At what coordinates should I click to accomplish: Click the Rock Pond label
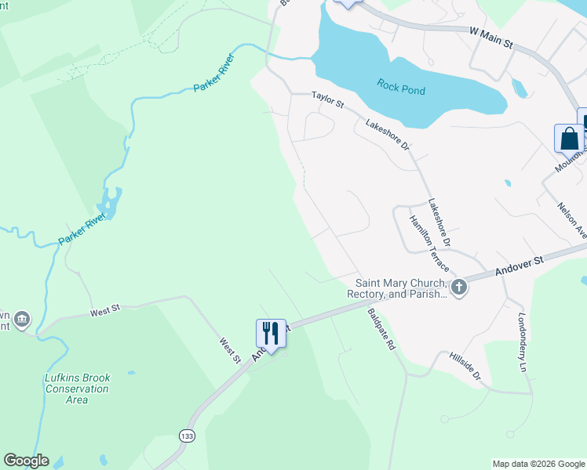(400, 87)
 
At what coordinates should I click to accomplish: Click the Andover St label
(520, 264)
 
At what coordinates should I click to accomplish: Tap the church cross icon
(460, 288)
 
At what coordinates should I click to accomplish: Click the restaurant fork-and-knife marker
(270, 333)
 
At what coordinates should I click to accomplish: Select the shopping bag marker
(569, 139)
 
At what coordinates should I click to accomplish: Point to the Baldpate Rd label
(381, 329)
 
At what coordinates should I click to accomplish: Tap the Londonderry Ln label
(522, 342)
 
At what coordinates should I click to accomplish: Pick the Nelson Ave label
(572, 219)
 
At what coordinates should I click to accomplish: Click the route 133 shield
(187, 436)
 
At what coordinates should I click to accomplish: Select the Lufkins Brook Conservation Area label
(77, 389)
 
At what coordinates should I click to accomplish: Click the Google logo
(26, 461)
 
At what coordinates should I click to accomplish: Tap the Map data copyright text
(538, 464)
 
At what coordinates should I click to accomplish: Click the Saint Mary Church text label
(400, 288)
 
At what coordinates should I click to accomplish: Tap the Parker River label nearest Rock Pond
(213, 73)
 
